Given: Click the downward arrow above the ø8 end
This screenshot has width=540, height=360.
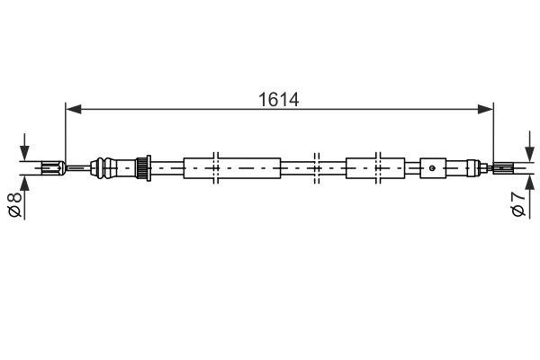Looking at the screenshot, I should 25,147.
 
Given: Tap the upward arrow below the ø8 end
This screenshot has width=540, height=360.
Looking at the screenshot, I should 25,183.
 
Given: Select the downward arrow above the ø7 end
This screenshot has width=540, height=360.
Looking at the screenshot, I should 526,148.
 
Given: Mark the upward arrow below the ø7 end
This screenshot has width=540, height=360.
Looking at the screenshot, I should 526,182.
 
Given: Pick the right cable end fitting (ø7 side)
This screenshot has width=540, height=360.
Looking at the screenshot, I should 504,166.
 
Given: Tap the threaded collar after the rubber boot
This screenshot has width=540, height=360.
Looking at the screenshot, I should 141,166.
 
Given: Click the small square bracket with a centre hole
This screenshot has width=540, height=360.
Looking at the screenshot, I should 433,166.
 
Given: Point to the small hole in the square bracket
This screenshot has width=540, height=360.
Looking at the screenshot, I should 433,166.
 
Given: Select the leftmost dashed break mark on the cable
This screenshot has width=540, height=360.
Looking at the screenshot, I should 216,166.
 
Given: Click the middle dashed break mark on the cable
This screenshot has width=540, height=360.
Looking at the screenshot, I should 316,166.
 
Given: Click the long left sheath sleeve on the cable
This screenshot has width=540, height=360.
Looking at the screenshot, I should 232,166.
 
